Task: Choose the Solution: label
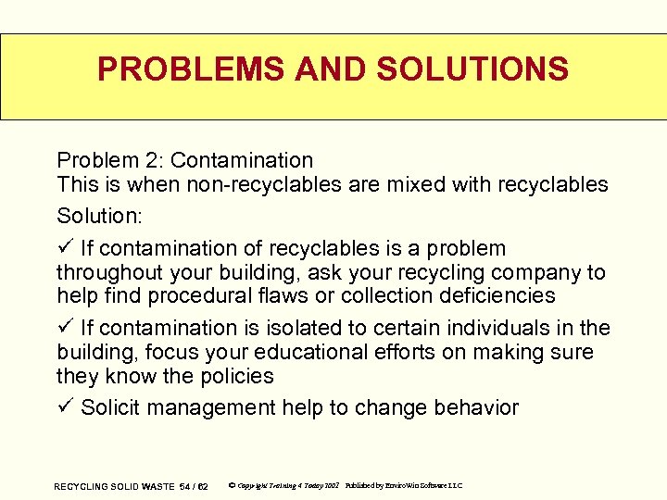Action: [x=98, y=216]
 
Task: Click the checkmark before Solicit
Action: [x=64, y=407]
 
